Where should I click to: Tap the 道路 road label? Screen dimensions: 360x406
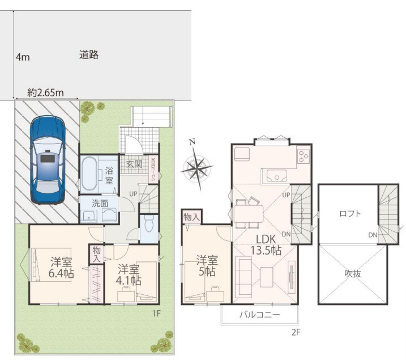tap(89, 55)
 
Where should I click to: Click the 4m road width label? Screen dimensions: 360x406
tap(23, 57)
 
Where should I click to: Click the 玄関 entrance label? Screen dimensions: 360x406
tap(134, 164)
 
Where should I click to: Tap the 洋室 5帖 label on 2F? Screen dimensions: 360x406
tap(207, 266)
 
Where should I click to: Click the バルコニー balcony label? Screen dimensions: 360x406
tap(258, 315)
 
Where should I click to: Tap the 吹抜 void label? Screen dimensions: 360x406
tap(353, 273)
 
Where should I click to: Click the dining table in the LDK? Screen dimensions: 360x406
tap(250, 213)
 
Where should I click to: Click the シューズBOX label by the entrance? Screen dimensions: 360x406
tap(153, 169)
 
